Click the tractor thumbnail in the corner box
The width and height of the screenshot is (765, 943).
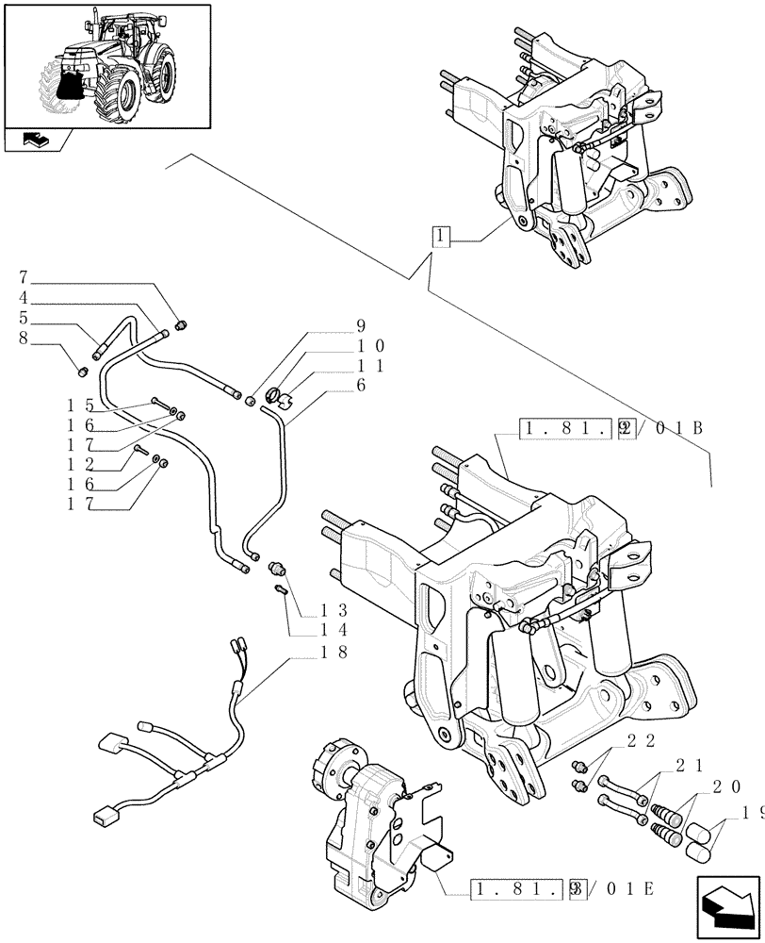106,66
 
